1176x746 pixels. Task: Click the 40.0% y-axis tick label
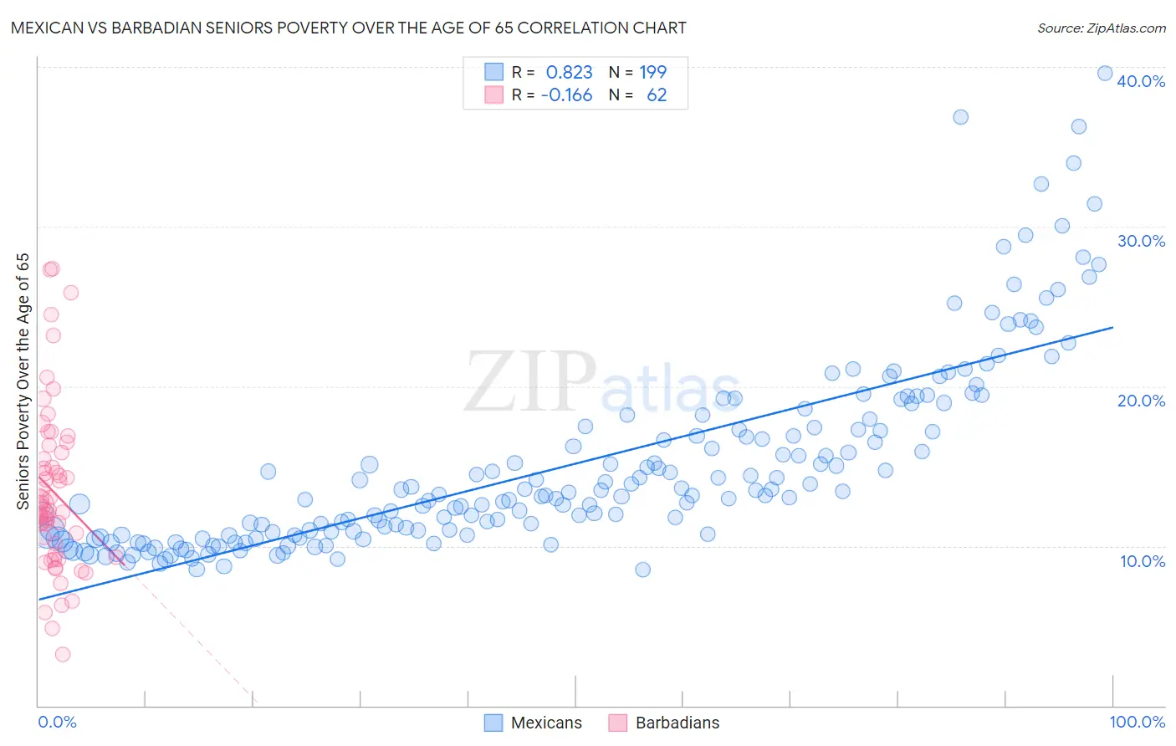coord(1141,81)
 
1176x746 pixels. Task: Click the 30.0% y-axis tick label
coord(1141,241)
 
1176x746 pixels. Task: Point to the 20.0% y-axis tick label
coord(1141,401)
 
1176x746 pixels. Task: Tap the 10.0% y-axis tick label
coord(1143,561)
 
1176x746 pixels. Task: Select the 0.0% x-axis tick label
coord(57,722)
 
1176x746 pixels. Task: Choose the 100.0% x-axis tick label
coord(1137,722)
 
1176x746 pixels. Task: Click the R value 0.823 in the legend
coord(569,73)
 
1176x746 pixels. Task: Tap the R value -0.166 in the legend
coord(566,95)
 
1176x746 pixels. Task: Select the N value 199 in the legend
coord(652,73)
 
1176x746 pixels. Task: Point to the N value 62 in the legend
coord(657,95)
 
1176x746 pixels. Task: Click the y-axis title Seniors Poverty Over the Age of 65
coord(23,381)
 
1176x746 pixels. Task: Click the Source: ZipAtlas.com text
coord(1101,28)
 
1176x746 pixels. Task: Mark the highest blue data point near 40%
coord(1105,74)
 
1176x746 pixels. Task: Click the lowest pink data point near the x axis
coord(62,655)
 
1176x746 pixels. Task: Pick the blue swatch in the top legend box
coord(494,72)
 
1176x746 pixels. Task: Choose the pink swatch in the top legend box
coord(494,95)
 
